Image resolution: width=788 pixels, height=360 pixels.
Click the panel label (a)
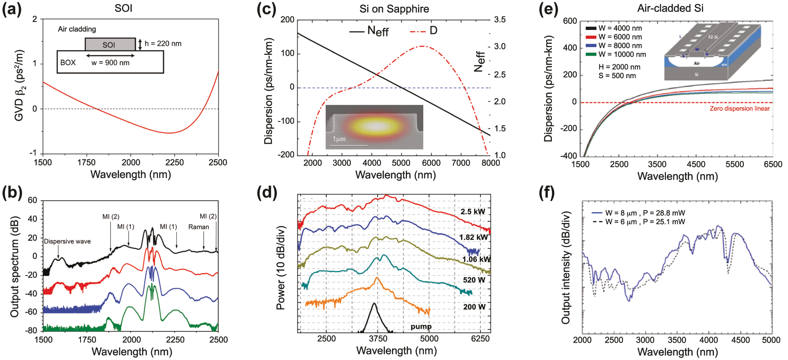[x=11, y=9]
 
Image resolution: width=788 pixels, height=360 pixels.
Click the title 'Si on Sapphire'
[x=394, y=9]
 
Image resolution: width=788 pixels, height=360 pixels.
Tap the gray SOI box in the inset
[x=110, y=45]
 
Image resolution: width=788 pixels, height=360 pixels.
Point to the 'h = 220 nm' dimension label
[x=163, y=43]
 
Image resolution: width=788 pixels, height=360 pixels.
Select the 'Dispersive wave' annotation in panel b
[x=67, y=241]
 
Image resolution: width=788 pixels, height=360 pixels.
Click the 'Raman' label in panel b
[x=199, y=227]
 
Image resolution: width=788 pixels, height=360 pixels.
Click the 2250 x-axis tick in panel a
[x=174, y=163]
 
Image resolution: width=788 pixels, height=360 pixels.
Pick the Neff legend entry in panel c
[x=369, y=31]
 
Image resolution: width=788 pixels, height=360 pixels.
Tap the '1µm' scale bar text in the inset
[x=339, y=139]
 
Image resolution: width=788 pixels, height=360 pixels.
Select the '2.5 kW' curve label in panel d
[x=473, y=212]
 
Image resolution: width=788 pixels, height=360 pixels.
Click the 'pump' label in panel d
[x=421, y=326]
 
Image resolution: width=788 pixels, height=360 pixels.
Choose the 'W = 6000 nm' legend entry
[x=620, y=37]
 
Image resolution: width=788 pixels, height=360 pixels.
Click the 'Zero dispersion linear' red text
[x=739, y=109]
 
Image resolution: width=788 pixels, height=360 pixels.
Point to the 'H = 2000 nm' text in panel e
[x=619, y=67]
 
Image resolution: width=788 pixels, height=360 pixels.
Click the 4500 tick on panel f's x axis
[x=740, y=340]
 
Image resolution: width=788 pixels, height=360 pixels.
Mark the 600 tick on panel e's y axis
[x=570, y=21]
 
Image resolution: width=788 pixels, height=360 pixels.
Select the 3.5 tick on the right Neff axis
[x=499, y=20]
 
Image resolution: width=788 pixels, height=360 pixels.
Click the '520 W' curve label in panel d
[x=474, y=280]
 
